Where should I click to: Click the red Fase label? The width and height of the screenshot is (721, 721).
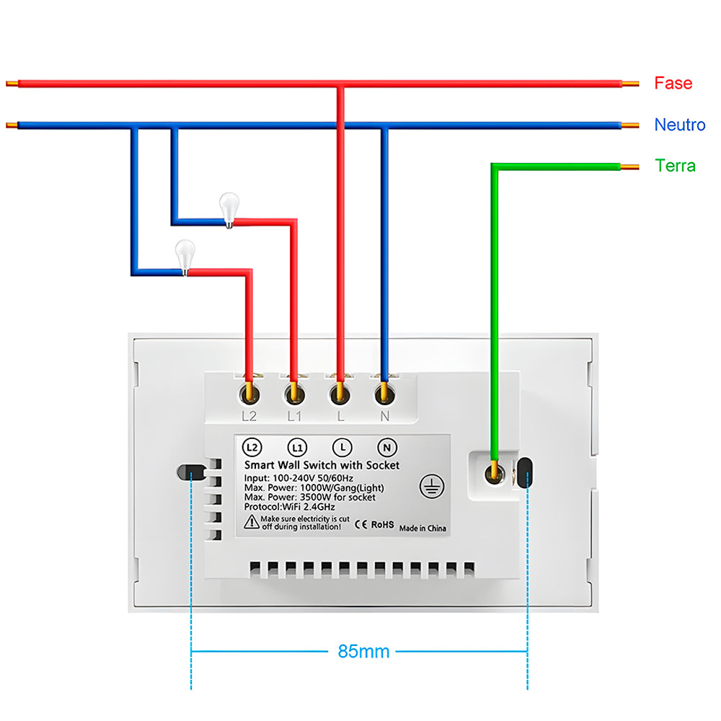pyautogui.click(x=673, y=83)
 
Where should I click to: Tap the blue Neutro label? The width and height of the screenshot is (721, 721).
pyautogui.click(x=679, y=125)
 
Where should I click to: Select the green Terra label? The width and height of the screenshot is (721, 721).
pyautogui.click(x=675, y=166)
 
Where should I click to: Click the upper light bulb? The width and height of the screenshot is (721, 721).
pyautogui.click(x=229, y=208)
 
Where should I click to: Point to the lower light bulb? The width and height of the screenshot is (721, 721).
pyautogui.click(x=185, y=257)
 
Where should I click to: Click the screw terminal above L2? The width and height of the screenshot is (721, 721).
pyautogui.click(x=250, y=394)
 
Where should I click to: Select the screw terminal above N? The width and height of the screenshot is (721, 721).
pyautogui.click(x=384, y=394)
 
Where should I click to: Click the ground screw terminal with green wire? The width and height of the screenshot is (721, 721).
pyautogui.click(x=495, y=473)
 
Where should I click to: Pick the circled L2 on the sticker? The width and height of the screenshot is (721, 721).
pyautogui.click(x=252, y=447)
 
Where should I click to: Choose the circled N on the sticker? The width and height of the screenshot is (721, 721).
pyautogui.click(x=386, y=447)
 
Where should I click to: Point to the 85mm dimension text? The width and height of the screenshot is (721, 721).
pyautogui.click(x=363, y=652)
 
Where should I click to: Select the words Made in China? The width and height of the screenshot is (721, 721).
pyautogui.click(x=423, y=528)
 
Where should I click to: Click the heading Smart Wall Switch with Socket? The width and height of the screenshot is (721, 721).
pyautogui.click(x=322, y=466)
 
